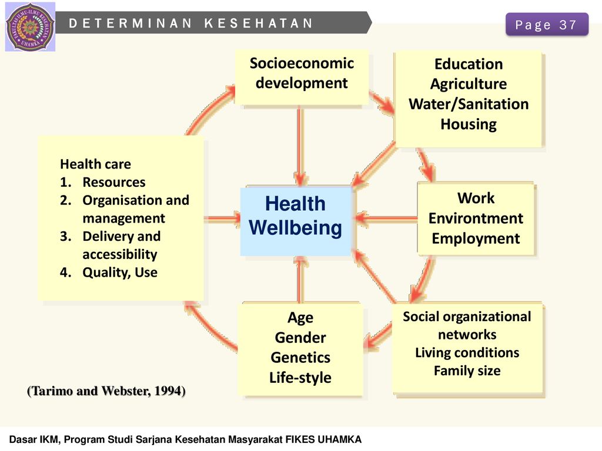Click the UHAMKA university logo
(x=30, y=27)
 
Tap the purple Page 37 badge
(x=547, y=25)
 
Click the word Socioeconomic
(x=302, y=63)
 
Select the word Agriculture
(x=469, y=84)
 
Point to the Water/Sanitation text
(x=469, y=104)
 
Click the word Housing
(x=469, y=124)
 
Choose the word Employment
(x=476, y=238)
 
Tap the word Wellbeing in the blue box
(x=295, y=228)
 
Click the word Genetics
(x=300, y=358)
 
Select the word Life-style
(x=300, y=378)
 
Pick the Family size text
(x=467, y=371)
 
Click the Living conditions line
(x=467, y=353)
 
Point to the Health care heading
(x=96, y=164)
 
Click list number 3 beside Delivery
(x=65, y=236)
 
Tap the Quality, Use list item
(x=120, y=272)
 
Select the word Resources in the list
(x=114, y=182)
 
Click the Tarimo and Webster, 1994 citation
(x=106, y=391)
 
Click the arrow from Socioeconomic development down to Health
(x=300, y=146)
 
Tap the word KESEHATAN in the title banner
(x=259, y=23)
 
